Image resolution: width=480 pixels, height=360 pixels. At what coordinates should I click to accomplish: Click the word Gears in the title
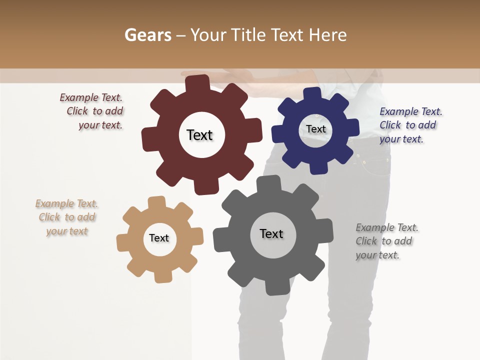click(x=147, y=35)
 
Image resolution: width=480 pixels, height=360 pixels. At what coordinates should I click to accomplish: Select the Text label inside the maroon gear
click(x=199, y=135)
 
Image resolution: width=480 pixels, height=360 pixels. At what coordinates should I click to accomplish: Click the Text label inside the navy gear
click(x=315, y=129)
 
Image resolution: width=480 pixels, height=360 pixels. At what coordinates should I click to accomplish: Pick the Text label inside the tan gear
click(x=159, y=238)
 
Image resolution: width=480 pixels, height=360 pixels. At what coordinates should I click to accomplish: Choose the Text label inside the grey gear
click(x=271, y=233)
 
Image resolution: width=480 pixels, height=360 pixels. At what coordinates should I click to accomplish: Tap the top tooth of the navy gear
click(x=312, y=94)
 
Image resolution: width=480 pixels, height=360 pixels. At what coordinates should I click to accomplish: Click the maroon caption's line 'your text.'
click(x=100, y=125)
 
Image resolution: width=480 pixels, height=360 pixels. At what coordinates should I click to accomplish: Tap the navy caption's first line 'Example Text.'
click(x=410, y=111)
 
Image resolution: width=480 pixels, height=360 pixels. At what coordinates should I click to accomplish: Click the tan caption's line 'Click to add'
click(x=67, y=217)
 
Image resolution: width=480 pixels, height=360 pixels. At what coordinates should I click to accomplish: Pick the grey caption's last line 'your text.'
click(x=377, y=255)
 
